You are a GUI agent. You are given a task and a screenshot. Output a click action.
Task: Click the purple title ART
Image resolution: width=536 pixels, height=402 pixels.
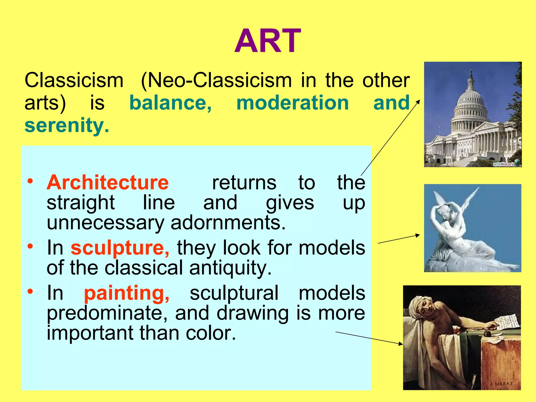[x=267, y=41]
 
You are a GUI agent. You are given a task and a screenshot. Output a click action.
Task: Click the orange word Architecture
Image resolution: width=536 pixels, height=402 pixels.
[x=108, y=182]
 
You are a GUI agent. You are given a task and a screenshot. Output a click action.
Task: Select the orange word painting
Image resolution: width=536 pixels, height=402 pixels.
[x=127, y=293]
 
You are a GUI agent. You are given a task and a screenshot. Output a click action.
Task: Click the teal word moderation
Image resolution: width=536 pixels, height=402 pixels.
[x=292, y=103]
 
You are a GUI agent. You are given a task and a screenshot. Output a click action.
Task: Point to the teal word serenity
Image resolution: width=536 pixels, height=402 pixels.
[x=66, y=125]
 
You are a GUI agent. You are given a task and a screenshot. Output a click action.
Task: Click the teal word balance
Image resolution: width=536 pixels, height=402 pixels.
[x=170, y=103]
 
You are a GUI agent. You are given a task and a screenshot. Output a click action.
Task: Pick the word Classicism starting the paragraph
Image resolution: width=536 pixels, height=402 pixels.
[x=74, y=80]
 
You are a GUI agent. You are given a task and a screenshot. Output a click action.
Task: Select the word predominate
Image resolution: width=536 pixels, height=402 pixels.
[x=107, y=313]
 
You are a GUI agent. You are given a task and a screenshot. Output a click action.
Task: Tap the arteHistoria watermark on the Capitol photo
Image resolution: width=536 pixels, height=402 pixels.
[x=504, y=164]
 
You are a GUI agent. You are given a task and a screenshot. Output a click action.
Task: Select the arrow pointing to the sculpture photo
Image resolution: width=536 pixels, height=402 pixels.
[x=399, y=239]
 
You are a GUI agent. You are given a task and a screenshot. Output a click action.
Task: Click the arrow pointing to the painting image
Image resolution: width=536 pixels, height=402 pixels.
[x=369, y=338]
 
